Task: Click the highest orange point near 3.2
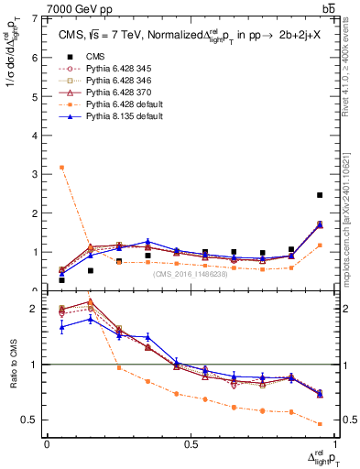(x=61, y=168)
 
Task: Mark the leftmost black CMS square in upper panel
(x=61, y=280)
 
